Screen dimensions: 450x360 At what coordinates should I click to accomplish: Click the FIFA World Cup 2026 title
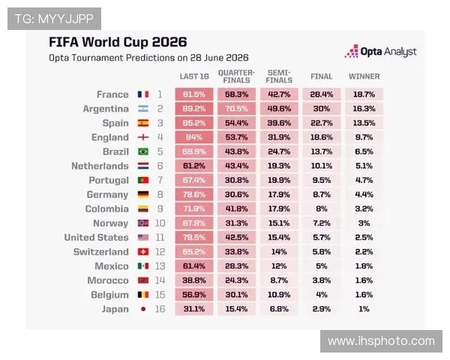click(x=118, y=42)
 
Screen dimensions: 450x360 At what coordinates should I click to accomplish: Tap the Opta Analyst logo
click(x=380, y=52)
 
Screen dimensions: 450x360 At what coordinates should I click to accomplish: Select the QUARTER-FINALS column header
click(x=236, y=76)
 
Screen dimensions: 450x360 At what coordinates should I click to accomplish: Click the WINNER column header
click(x=364, y=76)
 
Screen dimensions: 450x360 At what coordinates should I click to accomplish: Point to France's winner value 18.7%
click(x=364, y=94)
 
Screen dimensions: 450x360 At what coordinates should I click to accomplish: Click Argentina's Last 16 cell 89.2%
click(x=194, y=109)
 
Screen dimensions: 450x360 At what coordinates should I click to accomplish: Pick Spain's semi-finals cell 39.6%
click(x=279, y=123)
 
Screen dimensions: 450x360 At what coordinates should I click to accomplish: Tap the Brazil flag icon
click(x=143, y=151)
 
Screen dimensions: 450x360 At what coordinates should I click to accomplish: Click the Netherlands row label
click(x=100, y=166)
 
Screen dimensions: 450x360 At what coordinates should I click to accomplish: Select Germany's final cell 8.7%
click(x=322, y=194)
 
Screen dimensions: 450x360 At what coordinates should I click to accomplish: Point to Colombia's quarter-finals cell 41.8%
click(x=237, y=208)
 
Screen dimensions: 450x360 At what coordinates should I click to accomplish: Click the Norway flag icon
click(x=143, y=223)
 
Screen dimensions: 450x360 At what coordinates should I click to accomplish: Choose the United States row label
click(x=97, y=238)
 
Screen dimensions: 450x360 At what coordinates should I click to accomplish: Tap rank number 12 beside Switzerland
click(x=160, y=252)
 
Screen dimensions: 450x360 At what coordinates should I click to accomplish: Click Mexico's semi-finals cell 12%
click(x=279, y=266)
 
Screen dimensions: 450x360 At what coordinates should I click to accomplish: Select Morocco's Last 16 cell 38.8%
click(x=194, y=280)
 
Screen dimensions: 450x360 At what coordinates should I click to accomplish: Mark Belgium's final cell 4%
click(x=322, y=295)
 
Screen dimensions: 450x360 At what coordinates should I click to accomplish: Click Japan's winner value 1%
click(x=364, y=309)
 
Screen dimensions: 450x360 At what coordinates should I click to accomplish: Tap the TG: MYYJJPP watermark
click(x=54, y=19)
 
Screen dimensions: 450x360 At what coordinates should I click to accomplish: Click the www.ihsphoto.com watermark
click(x=381, y=341)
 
